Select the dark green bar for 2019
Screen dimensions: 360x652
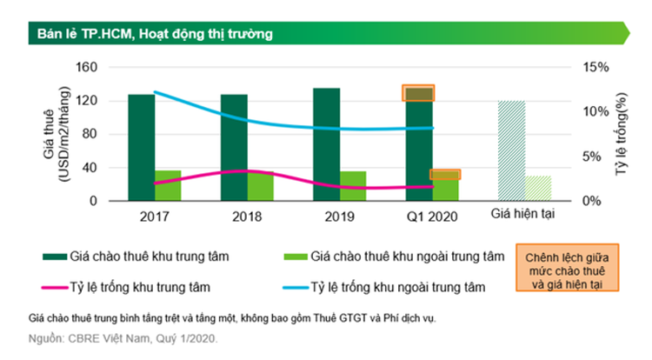(x=326, y=143)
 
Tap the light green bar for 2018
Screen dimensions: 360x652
(x=260, y=185)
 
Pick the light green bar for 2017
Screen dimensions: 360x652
(x=169, y=185)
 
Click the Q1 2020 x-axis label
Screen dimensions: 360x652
(x=431, y=215)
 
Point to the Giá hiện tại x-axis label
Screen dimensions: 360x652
(x=523, y=213)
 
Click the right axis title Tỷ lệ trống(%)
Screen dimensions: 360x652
(x=622, y=135)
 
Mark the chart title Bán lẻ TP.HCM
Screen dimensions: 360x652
(x=156, y=35)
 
